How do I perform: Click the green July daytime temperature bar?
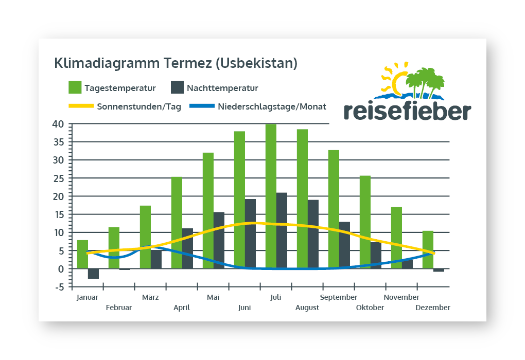(x=271, y=196)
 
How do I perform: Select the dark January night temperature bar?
(x=93, y=274)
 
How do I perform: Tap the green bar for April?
(x=177, y=223)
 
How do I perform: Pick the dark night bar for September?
(x=344, y=245)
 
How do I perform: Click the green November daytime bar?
(x=396, y=238)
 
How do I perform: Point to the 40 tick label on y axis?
(x=58, y=124)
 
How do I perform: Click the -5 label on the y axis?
(x=58, y=287)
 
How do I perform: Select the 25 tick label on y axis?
(x=58, y=178)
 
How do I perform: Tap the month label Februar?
(x=119, y=308)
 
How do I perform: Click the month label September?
(x=339, y=297)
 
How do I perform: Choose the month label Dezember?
(x=433, y=308)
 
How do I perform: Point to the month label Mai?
(x=213, y=297)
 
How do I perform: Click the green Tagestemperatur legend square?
(x=75, y=87)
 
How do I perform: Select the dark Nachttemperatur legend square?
(x=177, y=87)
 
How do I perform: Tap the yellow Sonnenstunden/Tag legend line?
(x=81, y=106)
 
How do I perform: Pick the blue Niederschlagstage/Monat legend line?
(x=202, y=106)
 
